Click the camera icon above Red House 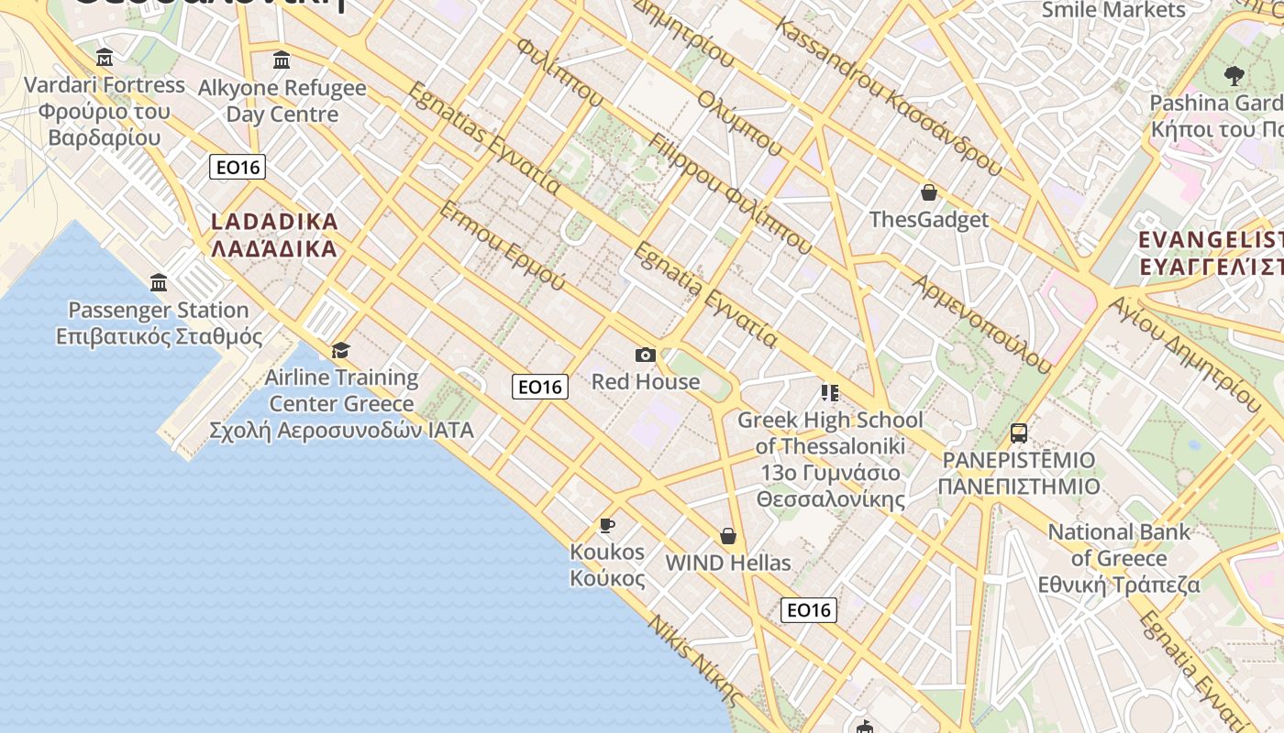tap(645, 355)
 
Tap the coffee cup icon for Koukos tap(606, 525)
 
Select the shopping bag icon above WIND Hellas tap(728, 535)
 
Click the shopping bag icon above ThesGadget tap(929, 192)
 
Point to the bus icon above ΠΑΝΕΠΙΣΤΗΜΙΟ tap(1019, 432)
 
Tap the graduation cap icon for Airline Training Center tap(341, 350)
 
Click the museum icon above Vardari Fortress tap(105, 59)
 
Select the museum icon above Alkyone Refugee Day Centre tap(282, 60)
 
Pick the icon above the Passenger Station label tap(159, 282)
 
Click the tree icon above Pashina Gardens tap(1234, 75)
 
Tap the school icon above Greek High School tap(830, 393)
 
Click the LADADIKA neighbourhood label tap(274, 235)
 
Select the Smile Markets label tap(1113, 10)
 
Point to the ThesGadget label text tap(929, 220)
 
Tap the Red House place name tap(646, 381)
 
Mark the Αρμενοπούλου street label tap(981, 323)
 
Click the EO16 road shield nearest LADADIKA tap(238, 167)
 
